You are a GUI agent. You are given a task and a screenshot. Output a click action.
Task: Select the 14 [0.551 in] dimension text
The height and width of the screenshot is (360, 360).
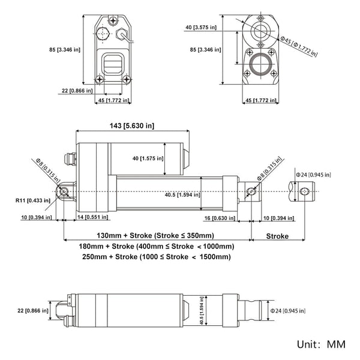[94, 218]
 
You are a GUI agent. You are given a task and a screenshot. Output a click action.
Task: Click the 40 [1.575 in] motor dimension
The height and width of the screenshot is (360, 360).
[145, 158]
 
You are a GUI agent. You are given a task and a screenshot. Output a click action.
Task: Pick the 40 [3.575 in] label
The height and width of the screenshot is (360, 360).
[205, 27]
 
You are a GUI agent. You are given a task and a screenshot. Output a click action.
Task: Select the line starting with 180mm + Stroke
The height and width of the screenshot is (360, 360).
[156, 246]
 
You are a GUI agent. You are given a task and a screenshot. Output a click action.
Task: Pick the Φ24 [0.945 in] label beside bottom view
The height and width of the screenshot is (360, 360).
[287, 311]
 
